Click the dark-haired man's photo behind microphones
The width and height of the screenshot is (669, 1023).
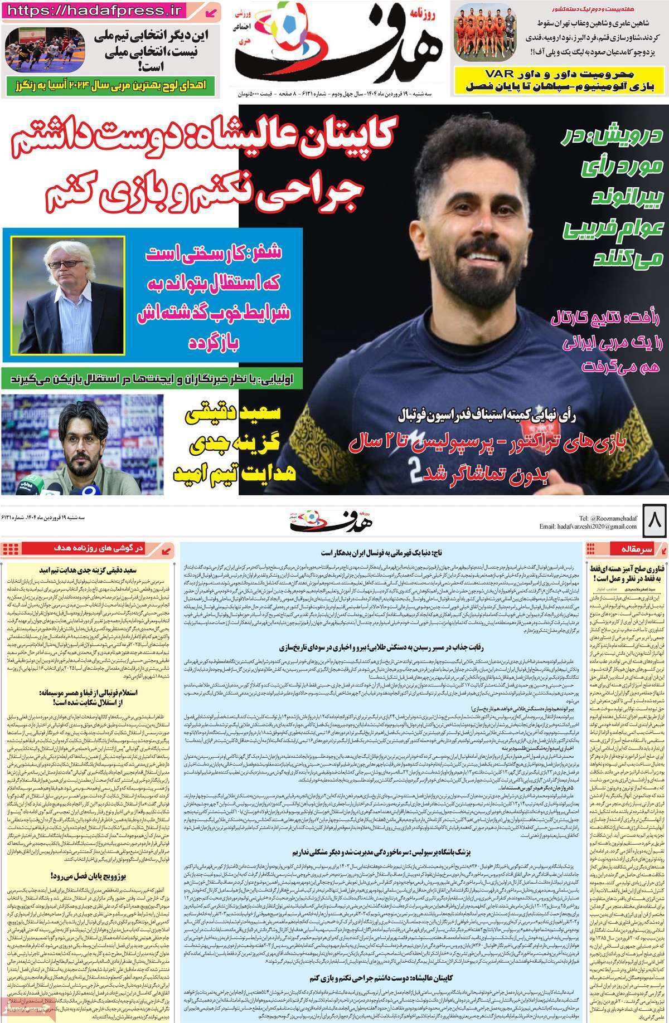click(82, 444)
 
